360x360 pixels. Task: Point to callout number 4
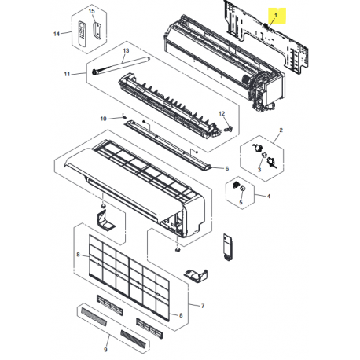269,196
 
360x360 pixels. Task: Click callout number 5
241,203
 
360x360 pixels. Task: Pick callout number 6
226,169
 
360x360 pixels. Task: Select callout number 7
203,304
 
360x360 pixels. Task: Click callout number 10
102,118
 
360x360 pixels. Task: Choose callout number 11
67,74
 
